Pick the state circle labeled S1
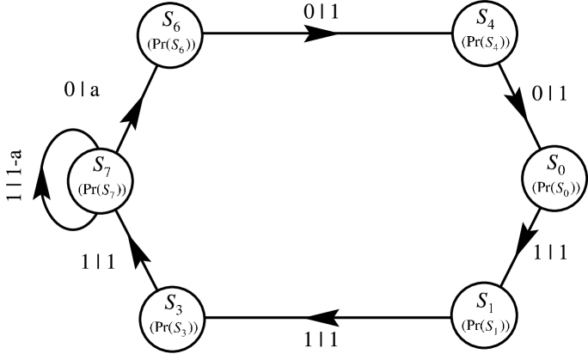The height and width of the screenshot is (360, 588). (x=486, y=316)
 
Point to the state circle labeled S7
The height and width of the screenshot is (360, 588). (x=102, y=179)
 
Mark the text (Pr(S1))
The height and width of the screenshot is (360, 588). (x=486, y=326)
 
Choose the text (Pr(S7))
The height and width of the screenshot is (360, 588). (x=102, y=189)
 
